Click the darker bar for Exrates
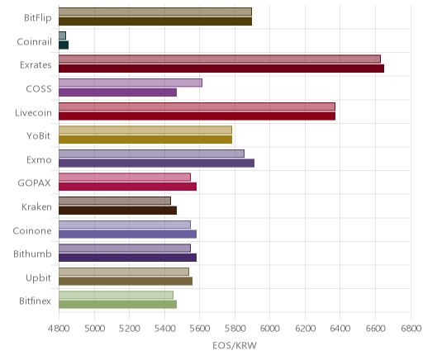221,69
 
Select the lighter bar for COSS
131,83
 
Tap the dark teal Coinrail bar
64,45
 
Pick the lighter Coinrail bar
62,36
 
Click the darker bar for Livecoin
197,116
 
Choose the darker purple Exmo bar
156,163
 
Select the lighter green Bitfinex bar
116,295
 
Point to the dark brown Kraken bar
117,211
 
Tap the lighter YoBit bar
145,130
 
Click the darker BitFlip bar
155,21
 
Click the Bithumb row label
32,253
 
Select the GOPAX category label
34,183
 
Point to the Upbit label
38,278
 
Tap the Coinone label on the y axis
32,230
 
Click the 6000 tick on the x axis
269,329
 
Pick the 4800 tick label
59,329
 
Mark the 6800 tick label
411,329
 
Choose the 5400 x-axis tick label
164,329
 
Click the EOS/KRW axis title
235,345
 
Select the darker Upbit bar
126,281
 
